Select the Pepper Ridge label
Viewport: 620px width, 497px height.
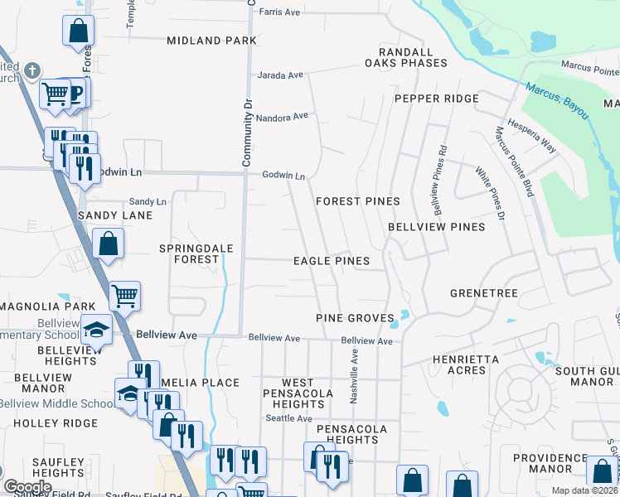coord(436,99)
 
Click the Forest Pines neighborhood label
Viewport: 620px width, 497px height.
coord(357,201)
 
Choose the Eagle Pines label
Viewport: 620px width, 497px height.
coord(331,261)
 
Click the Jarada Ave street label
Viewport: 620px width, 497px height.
coord(281,75)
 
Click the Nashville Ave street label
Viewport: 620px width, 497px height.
coord(354,374)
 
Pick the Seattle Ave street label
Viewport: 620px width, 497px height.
coord(288,418)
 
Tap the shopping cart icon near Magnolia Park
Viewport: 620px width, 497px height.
coord(124,294)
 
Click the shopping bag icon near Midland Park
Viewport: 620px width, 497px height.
coord(78,31)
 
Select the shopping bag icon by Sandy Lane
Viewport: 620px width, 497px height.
coord(108,244)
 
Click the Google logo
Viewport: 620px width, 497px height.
coord(27,487)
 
